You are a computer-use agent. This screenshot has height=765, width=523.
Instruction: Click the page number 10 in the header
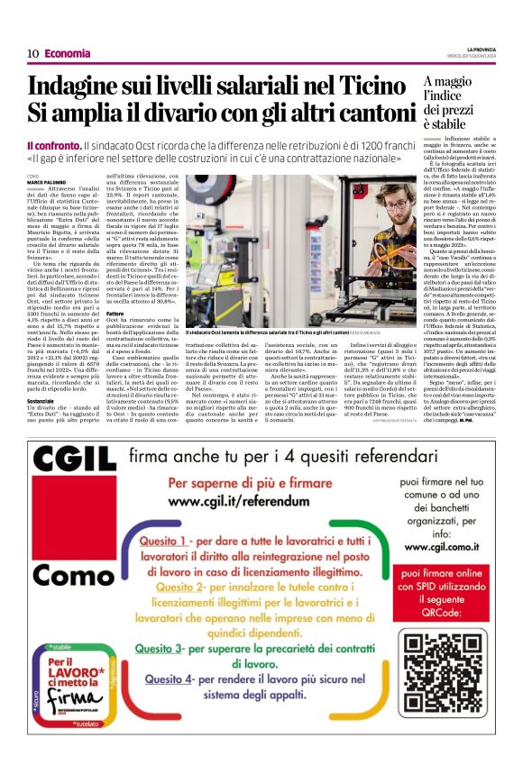click(x=32, y=53)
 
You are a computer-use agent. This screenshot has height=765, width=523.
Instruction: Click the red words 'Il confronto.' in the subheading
click(x=54, y=146)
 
